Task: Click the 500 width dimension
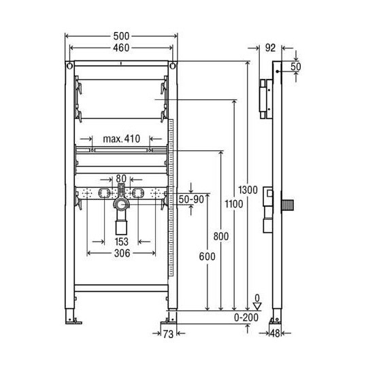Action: point(121,35)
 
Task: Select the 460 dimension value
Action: point(121,48)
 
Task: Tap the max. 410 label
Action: point(121,139)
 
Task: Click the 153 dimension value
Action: point(121,241)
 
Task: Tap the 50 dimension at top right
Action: point(296,67)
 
